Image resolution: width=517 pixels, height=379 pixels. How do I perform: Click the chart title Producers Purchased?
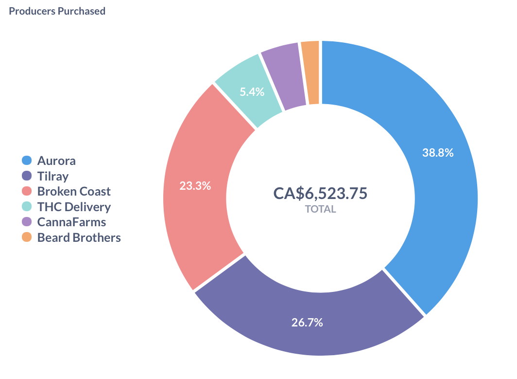point(57,11)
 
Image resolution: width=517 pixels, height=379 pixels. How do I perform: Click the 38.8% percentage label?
point(438,153)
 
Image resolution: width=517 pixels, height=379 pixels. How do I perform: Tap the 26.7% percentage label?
point(307,322)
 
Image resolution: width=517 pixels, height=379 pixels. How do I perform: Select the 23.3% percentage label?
point(195,185)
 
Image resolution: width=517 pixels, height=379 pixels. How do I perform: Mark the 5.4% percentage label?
point(252,91)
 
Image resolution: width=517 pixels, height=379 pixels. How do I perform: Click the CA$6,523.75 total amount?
point(320,193)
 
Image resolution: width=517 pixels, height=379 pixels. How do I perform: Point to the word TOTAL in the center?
point(320,209)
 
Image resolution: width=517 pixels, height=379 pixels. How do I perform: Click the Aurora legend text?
point(56,161)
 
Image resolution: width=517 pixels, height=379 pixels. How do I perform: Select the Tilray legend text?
point(53,176)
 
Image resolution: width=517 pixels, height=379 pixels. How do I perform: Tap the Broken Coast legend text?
point(74,191)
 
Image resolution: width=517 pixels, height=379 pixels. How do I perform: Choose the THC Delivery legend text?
point(74,207)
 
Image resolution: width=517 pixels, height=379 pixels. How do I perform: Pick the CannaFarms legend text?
point(71,222)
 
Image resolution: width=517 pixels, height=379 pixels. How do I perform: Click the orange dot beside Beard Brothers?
point(27,237)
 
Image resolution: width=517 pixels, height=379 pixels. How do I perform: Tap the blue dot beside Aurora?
point(27,161)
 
